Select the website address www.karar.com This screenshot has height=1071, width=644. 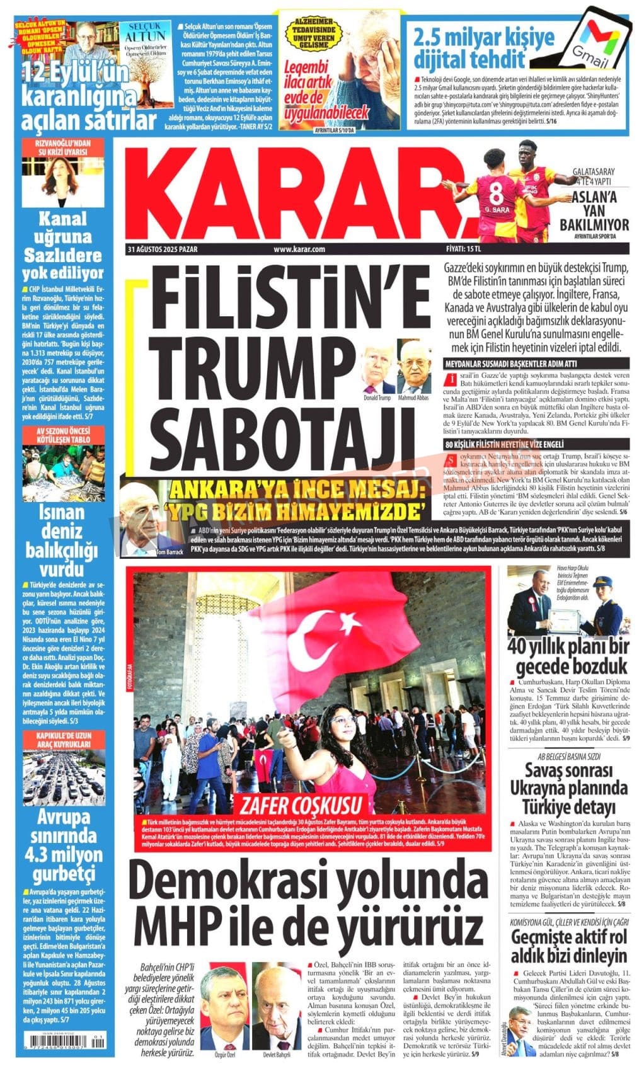[x=299, y=249]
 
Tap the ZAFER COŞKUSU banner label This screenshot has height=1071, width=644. [x=299, y=805]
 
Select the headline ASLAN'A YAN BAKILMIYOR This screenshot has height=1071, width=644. [x=594, y=214]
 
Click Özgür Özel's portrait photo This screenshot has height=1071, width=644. [x=222, y=1012]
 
